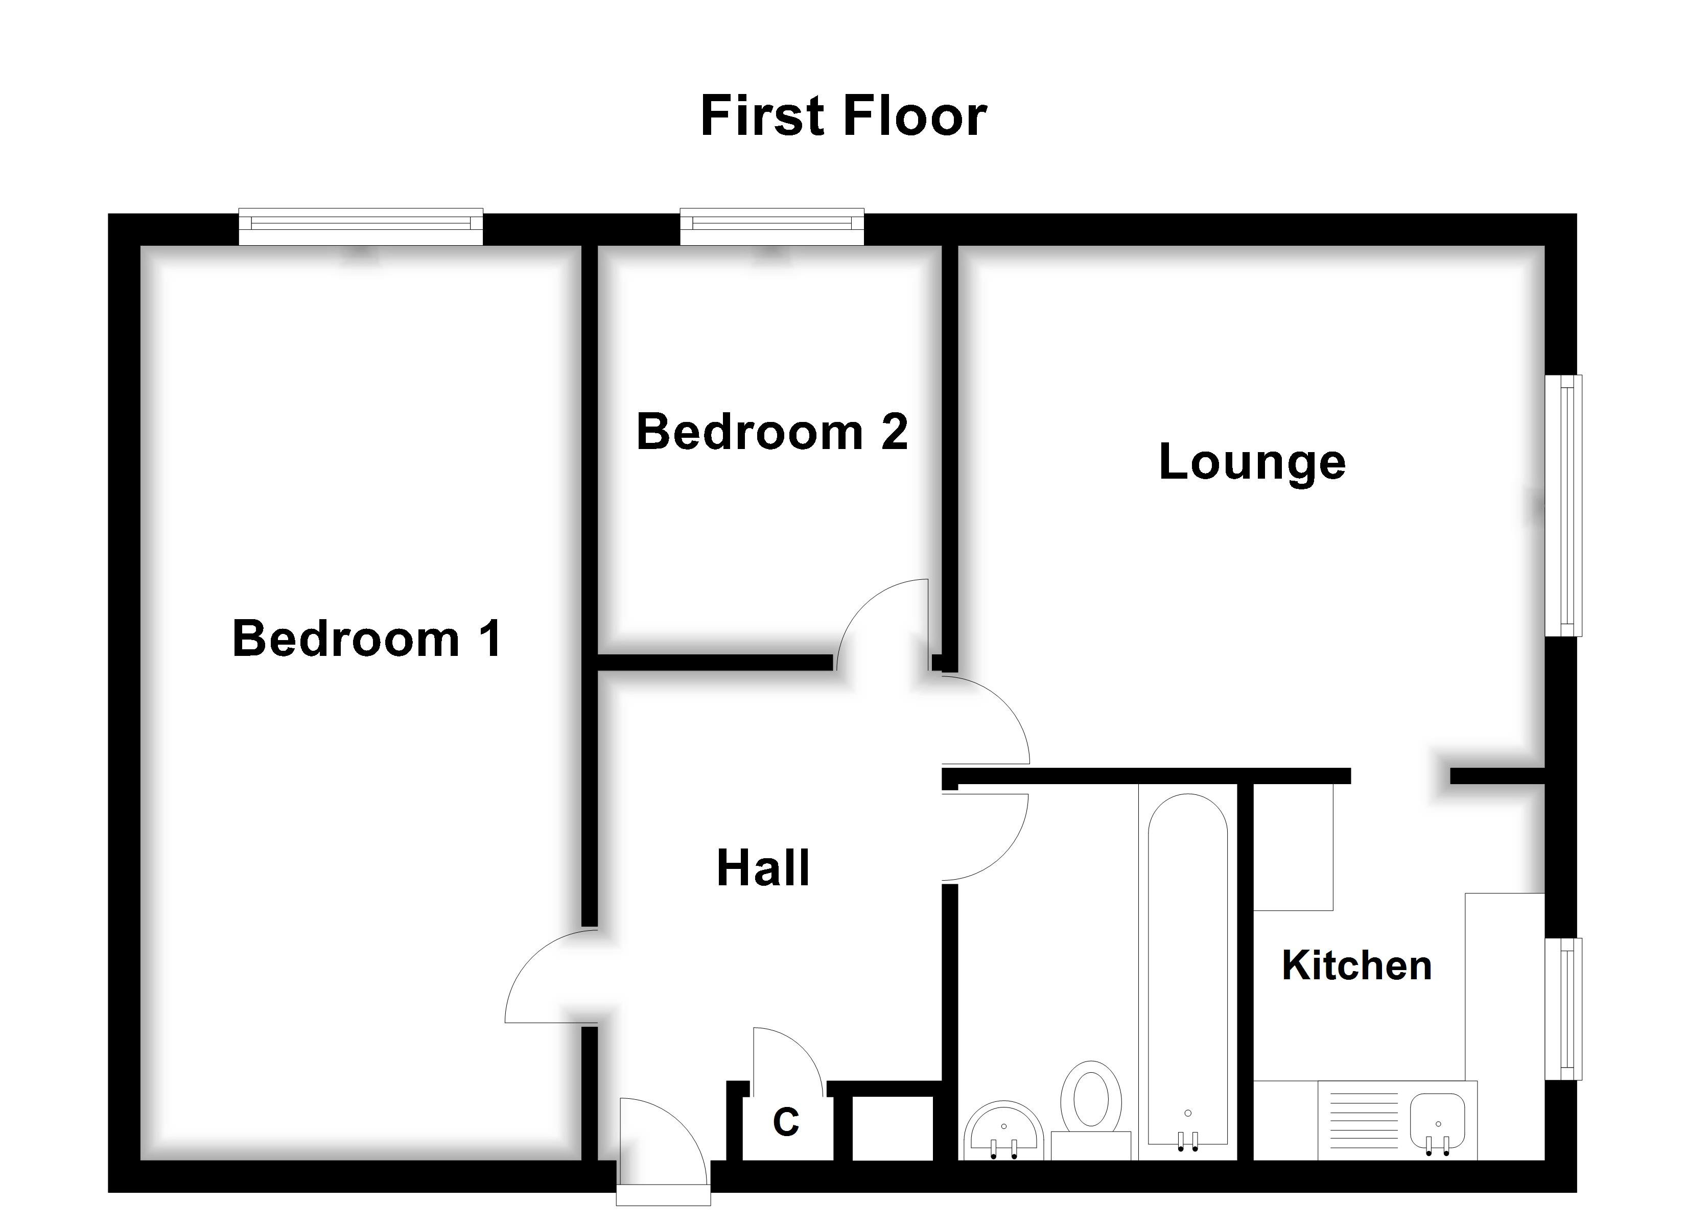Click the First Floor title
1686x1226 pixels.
point(843,117)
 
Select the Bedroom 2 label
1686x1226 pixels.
point(771,432)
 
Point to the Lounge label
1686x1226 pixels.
point(1252,462)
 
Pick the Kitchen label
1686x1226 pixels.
point(1356,966)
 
